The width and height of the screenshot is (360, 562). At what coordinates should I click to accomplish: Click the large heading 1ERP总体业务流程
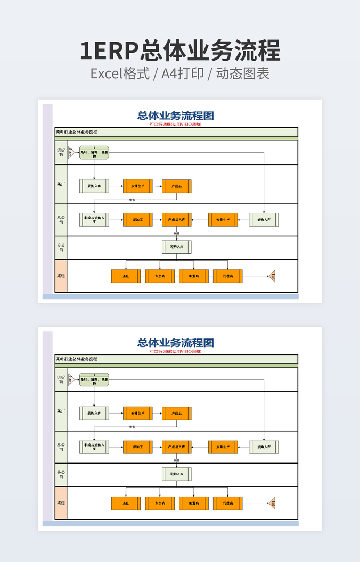(x=180, y=51)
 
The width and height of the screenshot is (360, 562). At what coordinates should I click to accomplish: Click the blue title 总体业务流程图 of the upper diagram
(x=176, y=115)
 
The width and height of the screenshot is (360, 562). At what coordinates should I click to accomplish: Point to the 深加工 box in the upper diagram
(x=137, y=219)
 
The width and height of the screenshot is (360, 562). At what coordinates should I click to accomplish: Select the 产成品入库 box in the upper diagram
(x=176, y=219)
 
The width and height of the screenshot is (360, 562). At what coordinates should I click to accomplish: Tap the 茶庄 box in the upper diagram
(x=126, y=276)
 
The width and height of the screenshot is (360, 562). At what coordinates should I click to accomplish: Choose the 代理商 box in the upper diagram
(x=228, y=276)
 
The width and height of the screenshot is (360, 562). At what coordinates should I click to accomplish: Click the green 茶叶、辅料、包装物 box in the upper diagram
(x=94, y=153)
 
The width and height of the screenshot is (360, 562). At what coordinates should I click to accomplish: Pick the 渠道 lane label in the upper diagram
(x=61, y=276)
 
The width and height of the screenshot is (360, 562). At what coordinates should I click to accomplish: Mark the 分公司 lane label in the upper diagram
(x=61, y=247)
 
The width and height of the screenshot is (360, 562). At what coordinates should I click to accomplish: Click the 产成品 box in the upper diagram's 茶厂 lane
(x=176, y=186)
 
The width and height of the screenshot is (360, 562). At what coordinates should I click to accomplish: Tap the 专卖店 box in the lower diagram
(x=160, y=503)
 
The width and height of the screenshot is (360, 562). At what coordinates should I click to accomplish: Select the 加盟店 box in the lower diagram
(x=194, y=503)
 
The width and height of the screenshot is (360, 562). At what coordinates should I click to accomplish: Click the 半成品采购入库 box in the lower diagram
(x=94, y=447)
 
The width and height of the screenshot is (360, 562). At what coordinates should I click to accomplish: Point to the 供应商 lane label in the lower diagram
(x=61, y=379)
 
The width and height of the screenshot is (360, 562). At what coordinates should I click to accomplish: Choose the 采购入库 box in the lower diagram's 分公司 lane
(x=176, y=474)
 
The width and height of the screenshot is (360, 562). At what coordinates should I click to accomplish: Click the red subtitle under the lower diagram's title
(x=176, y=351)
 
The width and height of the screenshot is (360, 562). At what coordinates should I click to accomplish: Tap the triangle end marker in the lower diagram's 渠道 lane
(x=272, y=503)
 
